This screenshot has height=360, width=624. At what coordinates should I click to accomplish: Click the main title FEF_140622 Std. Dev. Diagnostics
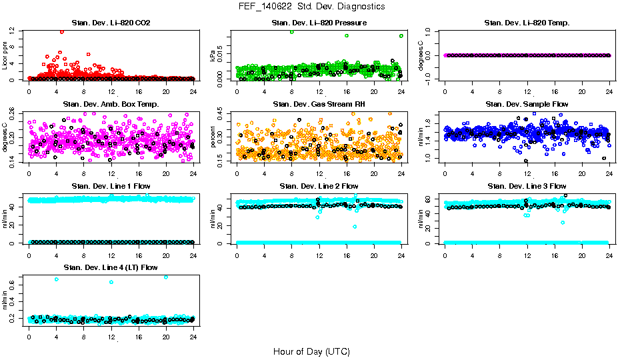(311, 7)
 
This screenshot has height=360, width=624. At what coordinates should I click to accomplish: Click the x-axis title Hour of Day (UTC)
(311, 351)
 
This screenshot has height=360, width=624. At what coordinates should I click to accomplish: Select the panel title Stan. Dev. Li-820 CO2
(111, 23)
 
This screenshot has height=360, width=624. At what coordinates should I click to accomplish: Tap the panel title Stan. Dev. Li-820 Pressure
(319, 23)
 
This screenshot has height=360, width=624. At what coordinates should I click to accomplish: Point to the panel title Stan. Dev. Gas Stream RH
(319, 105)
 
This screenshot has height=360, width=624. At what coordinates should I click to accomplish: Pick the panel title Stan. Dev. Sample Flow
(527, 105)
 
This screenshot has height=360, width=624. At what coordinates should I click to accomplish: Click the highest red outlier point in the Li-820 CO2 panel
(62, 31)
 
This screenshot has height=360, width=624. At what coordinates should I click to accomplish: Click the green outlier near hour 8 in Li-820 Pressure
(292, 32)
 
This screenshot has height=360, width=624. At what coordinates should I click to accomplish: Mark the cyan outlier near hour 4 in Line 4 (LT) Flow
(56, 279)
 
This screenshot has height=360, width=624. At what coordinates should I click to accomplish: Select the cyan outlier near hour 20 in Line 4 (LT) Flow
(165, 277)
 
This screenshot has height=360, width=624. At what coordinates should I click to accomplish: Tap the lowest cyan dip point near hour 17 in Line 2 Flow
(355, 227)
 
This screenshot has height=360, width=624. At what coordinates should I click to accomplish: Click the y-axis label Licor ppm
(5, 55)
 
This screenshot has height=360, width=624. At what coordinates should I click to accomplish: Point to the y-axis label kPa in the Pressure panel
(213, 56)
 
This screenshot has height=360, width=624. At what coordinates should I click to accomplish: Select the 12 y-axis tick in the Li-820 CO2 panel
(13, 31)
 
